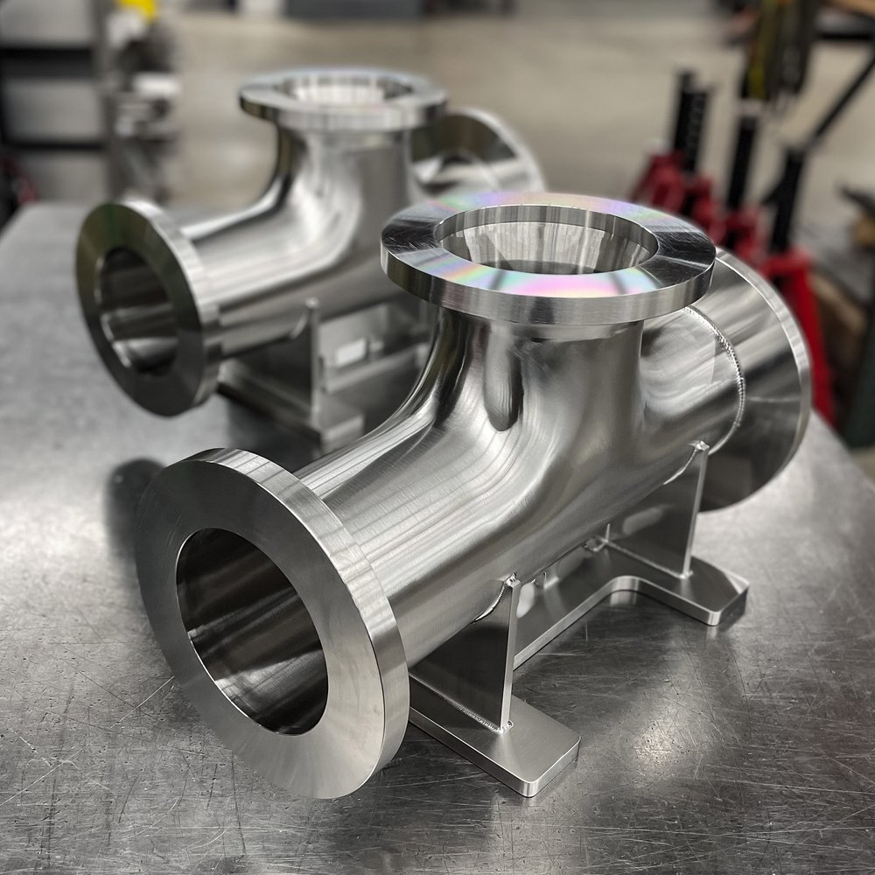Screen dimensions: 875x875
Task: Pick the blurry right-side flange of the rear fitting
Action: [490, 153]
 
